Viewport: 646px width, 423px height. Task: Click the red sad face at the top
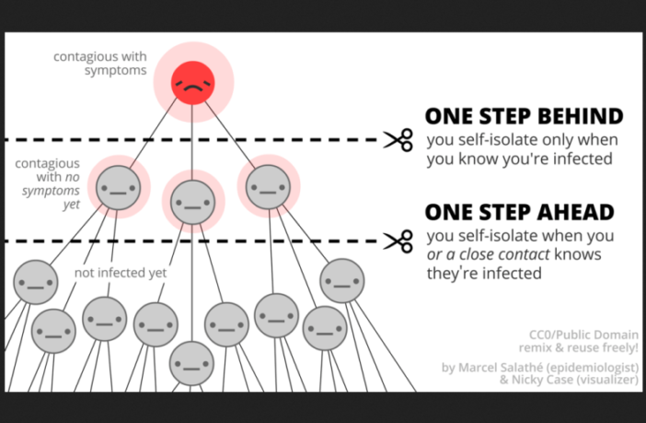click(193, 81)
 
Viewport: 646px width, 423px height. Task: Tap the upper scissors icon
click(398, 140)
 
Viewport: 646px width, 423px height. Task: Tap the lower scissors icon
click(398, 241)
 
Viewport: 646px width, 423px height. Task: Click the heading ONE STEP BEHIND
click(523, 116)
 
